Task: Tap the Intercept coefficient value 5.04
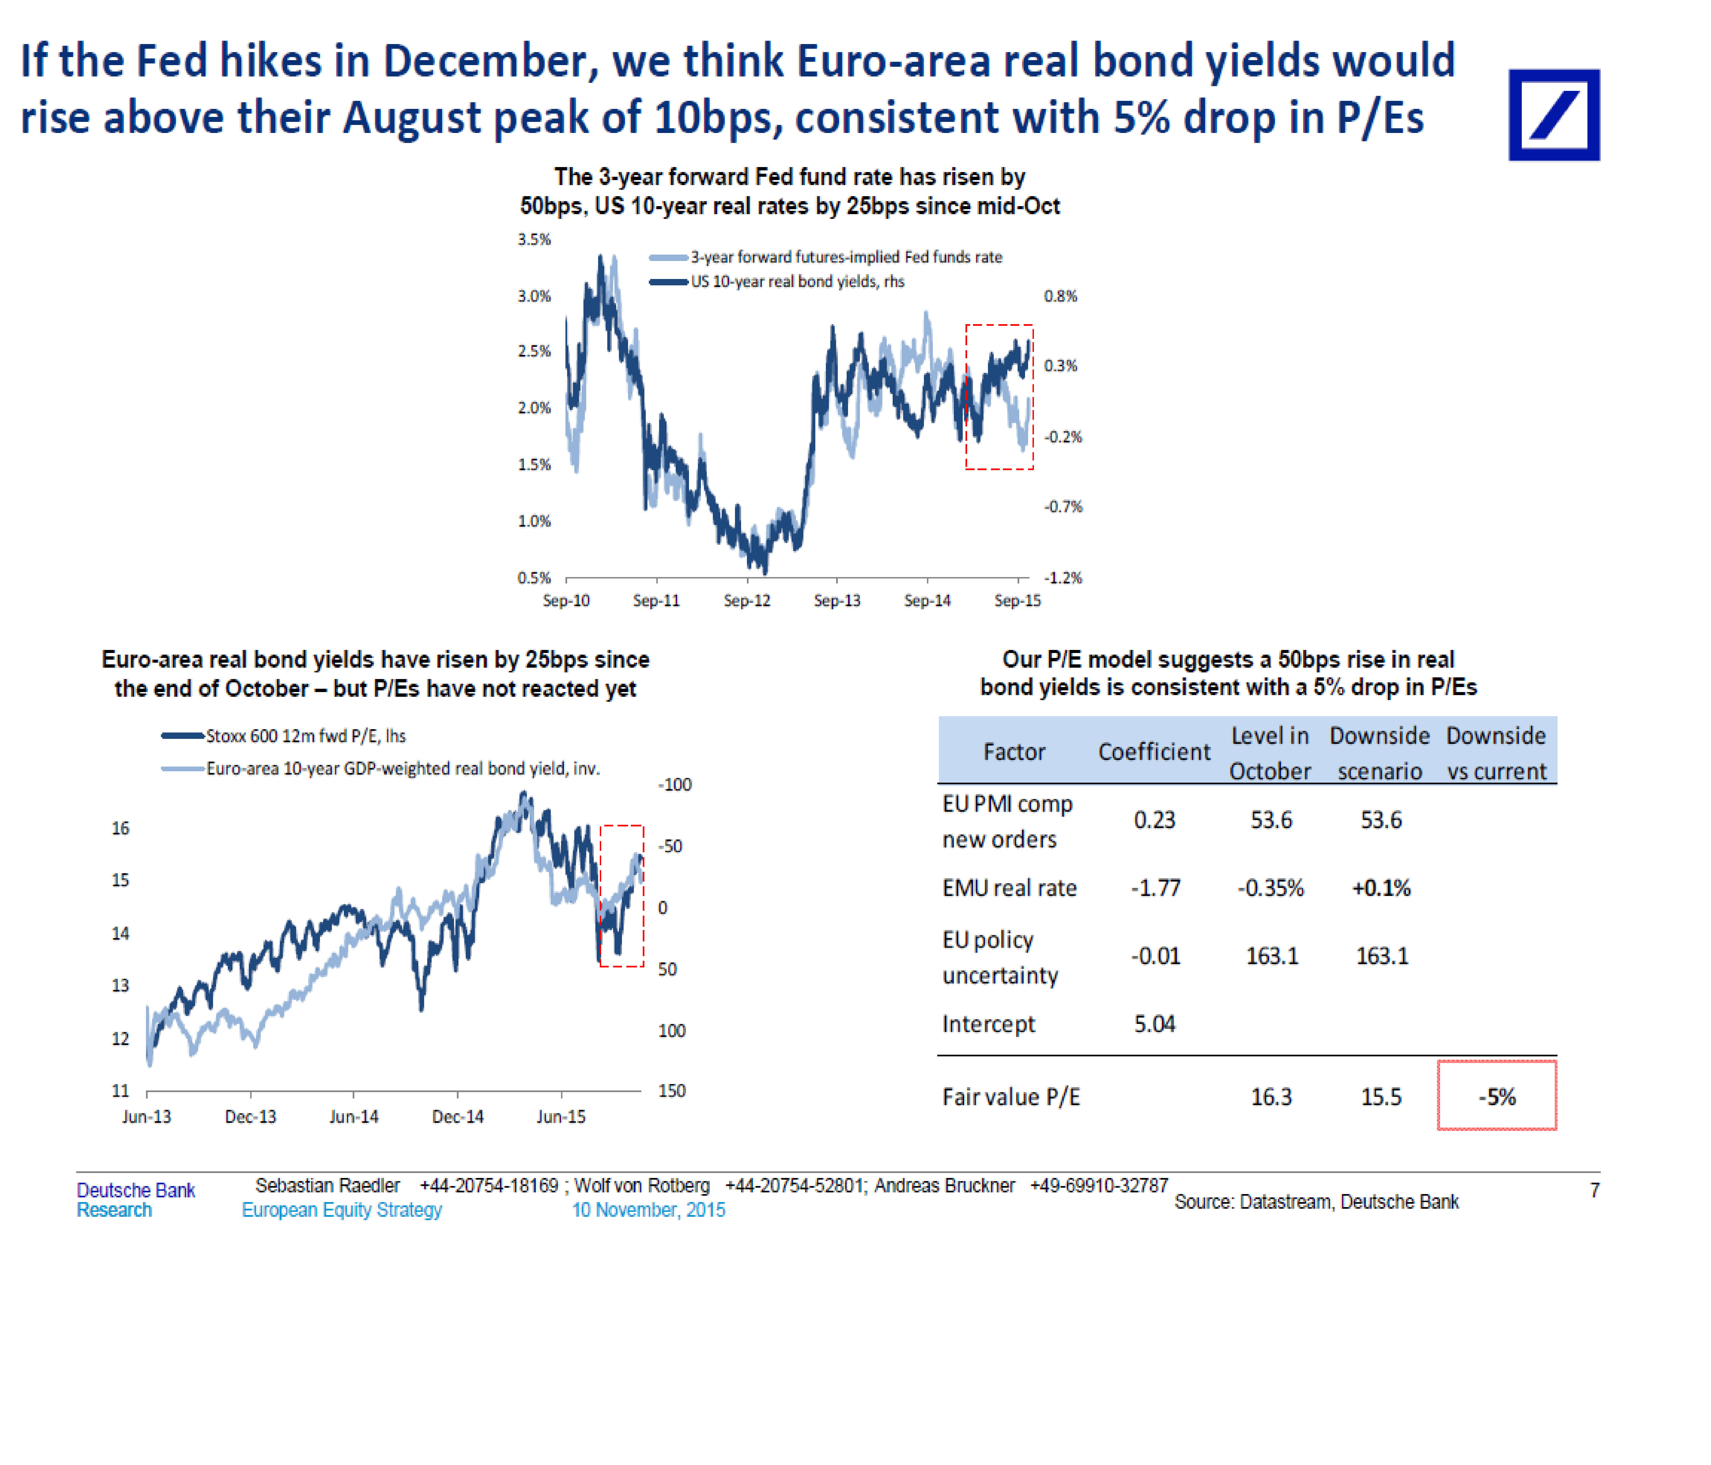[1154, 1024]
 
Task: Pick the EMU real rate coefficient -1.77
[1155, 888]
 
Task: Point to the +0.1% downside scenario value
[1381, 888]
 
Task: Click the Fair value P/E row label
[1011, 1097]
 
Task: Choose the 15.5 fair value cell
[1381, 1097]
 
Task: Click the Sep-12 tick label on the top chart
[747, 600]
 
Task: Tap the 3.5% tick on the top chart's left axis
[534, 239]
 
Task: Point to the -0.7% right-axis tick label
[1063, 506]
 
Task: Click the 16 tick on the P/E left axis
[121, 828]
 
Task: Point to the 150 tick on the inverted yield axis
[671, 1091]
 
